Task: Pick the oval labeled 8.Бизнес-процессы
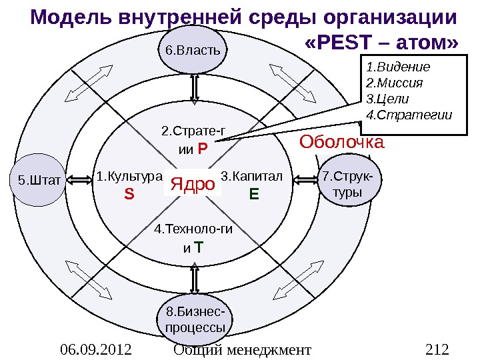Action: pos(195,321)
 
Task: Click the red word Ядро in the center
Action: pos(193,183)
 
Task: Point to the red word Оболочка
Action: pos(341,142)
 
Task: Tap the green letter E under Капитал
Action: pos(253,194)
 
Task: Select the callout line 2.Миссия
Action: pos(395,83)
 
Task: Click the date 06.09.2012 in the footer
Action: pos(95,349)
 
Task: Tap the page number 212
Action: pos(437,349)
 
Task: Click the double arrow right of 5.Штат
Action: pos(79,179)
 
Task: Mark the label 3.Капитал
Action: pos(252,177)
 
